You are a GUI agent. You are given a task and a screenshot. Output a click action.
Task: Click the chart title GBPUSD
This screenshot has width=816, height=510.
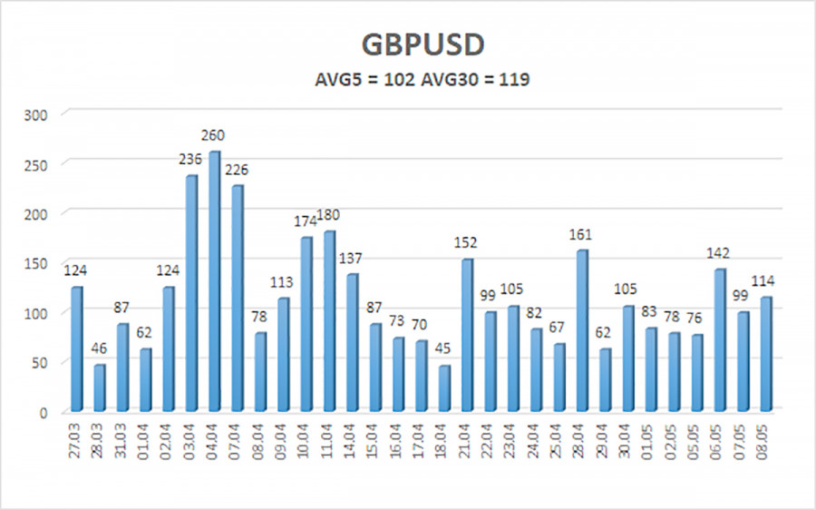408,46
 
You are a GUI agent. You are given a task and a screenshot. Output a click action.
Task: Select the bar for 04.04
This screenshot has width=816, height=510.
214,281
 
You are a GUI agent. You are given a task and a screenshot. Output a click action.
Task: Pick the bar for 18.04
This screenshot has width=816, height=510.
422,388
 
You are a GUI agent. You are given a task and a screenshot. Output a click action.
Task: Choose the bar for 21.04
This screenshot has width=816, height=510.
468,336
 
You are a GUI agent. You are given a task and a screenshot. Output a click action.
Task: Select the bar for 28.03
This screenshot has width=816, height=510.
99,388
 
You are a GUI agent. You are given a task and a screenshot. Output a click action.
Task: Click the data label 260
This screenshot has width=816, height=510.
214,136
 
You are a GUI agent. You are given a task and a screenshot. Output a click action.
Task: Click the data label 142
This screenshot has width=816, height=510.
721,253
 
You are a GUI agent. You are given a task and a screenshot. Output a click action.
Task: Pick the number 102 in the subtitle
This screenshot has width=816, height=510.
399,80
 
